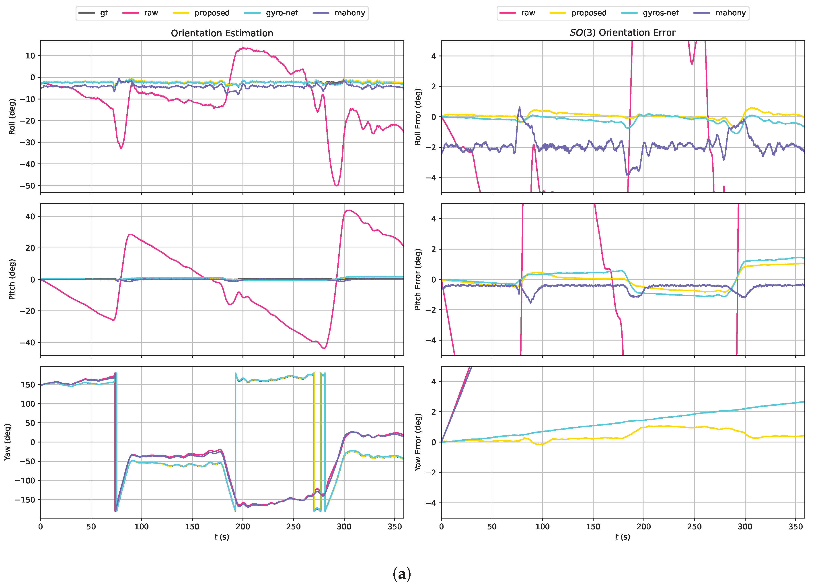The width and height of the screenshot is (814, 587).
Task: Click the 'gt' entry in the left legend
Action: (x=103, y=13)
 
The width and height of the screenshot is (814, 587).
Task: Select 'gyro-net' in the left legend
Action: (x=282, y=13)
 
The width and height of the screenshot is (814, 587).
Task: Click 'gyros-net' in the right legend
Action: (x=660, y=13)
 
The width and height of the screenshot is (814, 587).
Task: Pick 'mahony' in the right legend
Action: (x=730, y=13)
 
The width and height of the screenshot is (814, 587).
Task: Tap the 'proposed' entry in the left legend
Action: (x=212, y=13)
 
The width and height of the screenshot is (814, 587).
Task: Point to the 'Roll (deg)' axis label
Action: (x=12, y=117)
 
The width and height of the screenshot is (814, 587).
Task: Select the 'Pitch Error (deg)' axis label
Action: (x=418, y=279)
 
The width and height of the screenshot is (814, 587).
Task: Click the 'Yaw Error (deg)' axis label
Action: (x=418, y=442)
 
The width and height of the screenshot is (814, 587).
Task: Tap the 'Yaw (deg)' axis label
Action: (x=7, y=442)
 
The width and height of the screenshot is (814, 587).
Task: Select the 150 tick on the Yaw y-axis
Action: (x=28, y=384)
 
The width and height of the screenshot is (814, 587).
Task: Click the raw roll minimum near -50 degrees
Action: (x=336, y=186)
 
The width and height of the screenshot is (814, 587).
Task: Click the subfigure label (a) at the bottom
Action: (x=402, y=574)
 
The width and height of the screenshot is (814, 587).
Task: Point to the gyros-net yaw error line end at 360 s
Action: (x=804, y=402)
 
